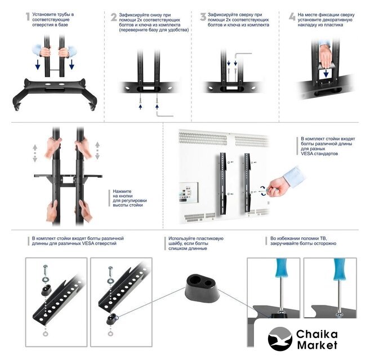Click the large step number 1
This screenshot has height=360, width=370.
[x=28, y=16]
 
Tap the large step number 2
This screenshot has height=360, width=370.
[x=114, y=17]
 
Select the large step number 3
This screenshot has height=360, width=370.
[x=203, y=17]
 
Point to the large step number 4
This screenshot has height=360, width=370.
[x=292, y=17]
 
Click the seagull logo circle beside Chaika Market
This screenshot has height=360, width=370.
[x=280, y=339]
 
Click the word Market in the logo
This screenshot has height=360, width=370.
[x=317, y=345]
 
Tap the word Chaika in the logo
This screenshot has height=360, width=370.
[x=317, y=334]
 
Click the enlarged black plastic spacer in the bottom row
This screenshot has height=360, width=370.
[x=203, y=288]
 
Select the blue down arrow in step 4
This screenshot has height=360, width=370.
[x=326, y=73]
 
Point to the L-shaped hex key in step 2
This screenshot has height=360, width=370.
[x=164, y=114]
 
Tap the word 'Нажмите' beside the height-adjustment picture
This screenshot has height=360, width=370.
[x=122, y=191]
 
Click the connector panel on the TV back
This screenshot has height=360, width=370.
[x=188, y=192]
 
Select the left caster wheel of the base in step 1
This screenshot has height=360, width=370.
[x=17, y=107]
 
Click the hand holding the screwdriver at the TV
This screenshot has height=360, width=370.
[x=277, y=187]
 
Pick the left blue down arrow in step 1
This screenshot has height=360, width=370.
[x=38, y=64]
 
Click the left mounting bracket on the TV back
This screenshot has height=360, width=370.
[x=223, y=184]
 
